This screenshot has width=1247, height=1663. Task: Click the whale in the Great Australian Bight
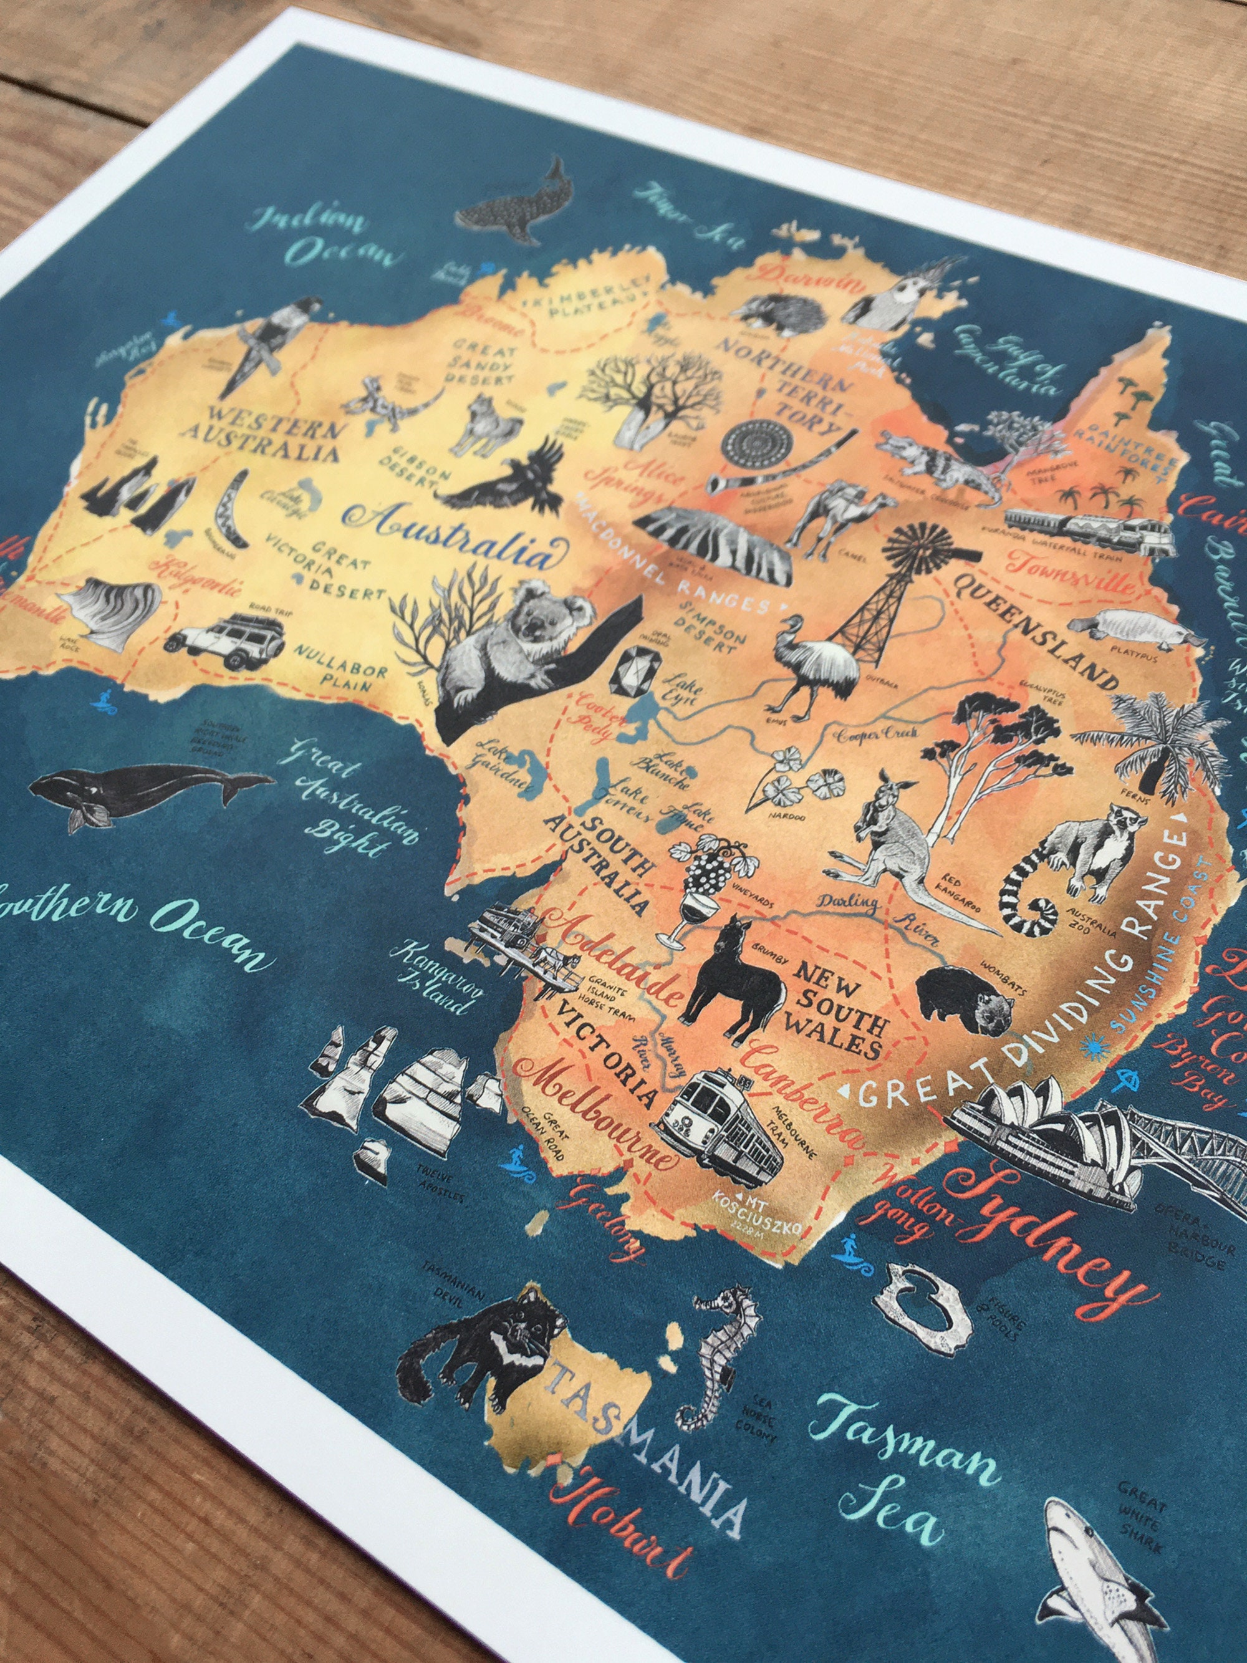pyautogui.click(x=143, y=793)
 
